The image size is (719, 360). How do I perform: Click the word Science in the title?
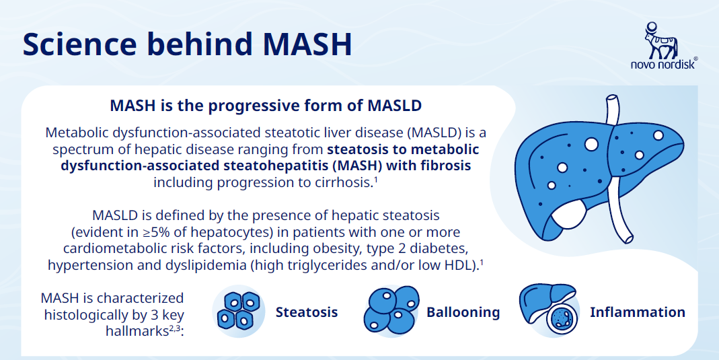tap(80, 44)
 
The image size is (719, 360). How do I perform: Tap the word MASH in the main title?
tap(307, 44)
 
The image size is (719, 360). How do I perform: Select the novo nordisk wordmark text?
tap(664, 64)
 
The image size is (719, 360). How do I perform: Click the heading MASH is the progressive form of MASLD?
tap(266, 106)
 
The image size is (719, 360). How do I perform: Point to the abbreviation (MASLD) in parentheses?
tap(435, 133)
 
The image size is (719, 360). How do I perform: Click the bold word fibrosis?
tap(446, 165)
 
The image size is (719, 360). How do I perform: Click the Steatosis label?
tap(306, 312)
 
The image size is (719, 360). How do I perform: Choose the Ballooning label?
tap(463, 312)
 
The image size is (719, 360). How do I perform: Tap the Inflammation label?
tap(638, 312)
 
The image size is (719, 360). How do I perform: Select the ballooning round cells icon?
tap(391, 310)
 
